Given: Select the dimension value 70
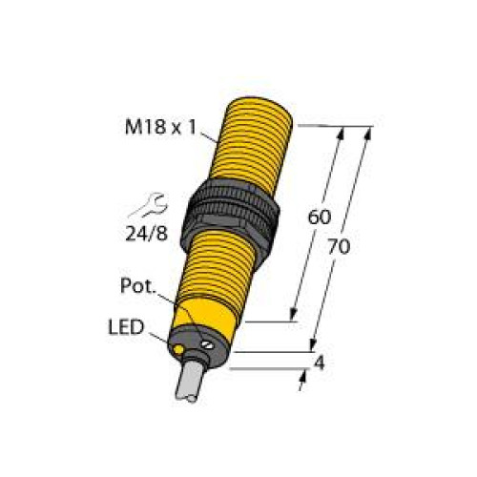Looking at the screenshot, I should pos(339,246).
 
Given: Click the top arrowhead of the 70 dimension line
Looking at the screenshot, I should pos(365,131).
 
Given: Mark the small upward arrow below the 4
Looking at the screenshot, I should pos(301,384).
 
